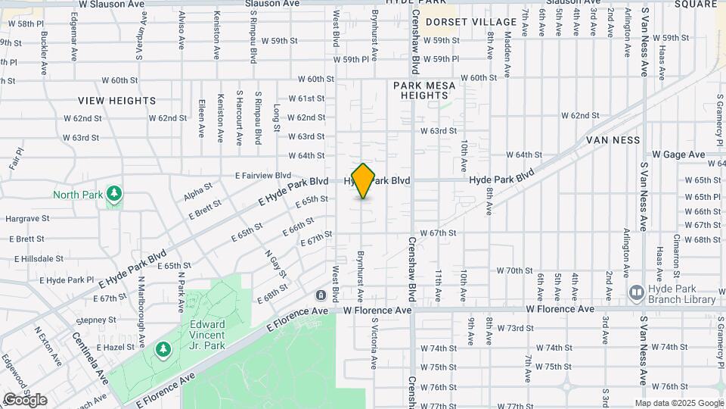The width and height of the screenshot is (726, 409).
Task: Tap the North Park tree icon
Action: tap(114, 194)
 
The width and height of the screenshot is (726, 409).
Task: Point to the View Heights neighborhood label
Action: tap(117, 100)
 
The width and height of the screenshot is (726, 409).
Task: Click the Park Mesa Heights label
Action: tap(424, 91)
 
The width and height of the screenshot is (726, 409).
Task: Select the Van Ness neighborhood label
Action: tap(613, 140)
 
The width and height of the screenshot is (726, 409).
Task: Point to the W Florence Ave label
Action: tap(377, 311)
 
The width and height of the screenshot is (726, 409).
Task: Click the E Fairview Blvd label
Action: tap(262, 175)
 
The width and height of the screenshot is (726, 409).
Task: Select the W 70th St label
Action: tap(515, 270)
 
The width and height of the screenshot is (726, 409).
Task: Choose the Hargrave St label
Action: tap(27, 218)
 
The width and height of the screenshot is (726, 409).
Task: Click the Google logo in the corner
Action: tap(25, 399)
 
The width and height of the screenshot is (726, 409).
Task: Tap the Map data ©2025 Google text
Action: tap(678, 403)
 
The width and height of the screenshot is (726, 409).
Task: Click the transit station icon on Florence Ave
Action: tap(321, 294)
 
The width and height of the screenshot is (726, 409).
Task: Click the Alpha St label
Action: tap(197, 191)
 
